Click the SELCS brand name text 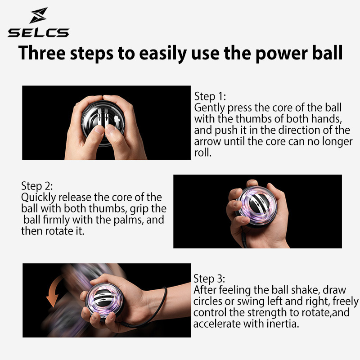pyautogui.click(x=38, y=32)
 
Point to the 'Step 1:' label pyautogui.click(x=210, y=97)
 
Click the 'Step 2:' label pyautogui.click(x=37, y=186)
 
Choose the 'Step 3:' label pyautogui.click(x=209, y=278)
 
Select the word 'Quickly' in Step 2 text pyautogui.click(x=39, y=198)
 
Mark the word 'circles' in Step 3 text pyautogui.click(x=209, y=301)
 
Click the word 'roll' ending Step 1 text pyautogui.click(x=202, y=153)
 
